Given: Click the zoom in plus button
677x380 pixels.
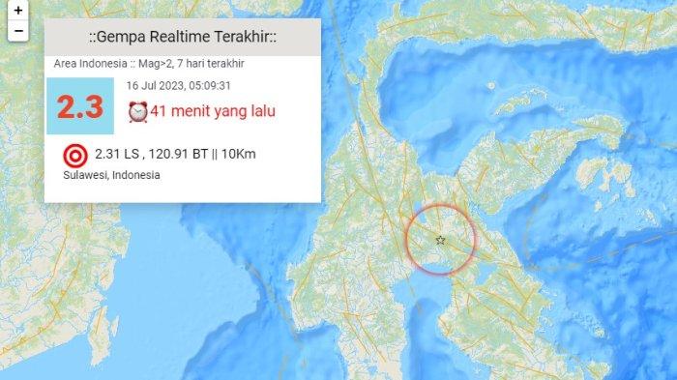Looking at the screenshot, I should (18, 11).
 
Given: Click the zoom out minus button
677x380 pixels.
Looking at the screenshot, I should (18, 31).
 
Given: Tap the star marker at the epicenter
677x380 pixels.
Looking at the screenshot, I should (440, 240).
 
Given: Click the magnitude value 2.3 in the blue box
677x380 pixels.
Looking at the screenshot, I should (79, 106).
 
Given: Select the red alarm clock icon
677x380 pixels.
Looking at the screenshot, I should (137, 112).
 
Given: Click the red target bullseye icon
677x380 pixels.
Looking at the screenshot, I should (74, 155).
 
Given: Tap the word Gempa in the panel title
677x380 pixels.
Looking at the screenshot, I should (123, 37).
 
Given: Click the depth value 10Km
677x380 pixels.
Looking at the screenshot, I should (264, 154).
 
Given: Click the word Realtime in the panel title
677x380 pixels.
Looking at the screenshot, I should (183, 37).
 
